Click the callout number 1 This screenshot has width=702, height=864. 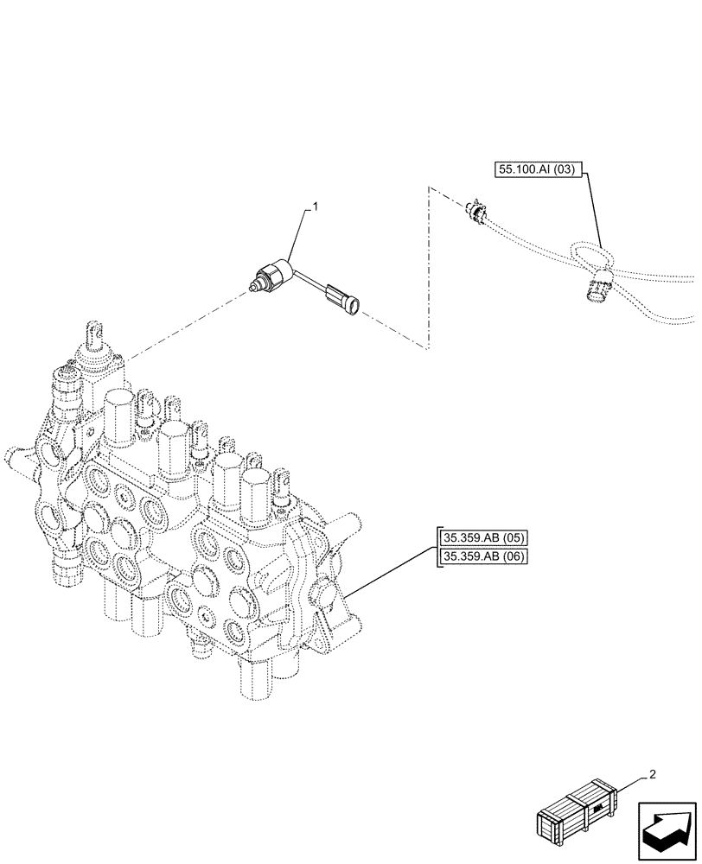click(x=316, y=206)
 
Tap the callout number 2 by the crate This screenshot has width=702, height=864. click(x=652, y=774)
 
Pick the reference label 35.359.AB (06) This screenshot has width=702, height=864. click(x=482, y=556)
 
